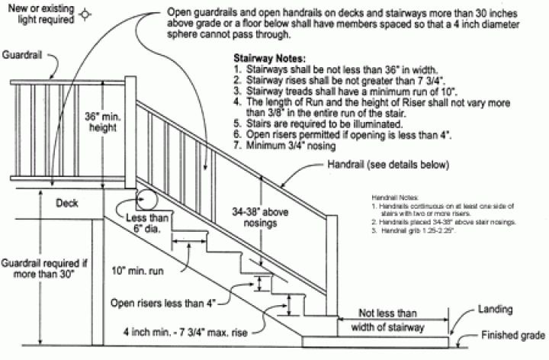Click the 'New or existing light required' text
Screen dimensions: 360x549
[x=37, y=14]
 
